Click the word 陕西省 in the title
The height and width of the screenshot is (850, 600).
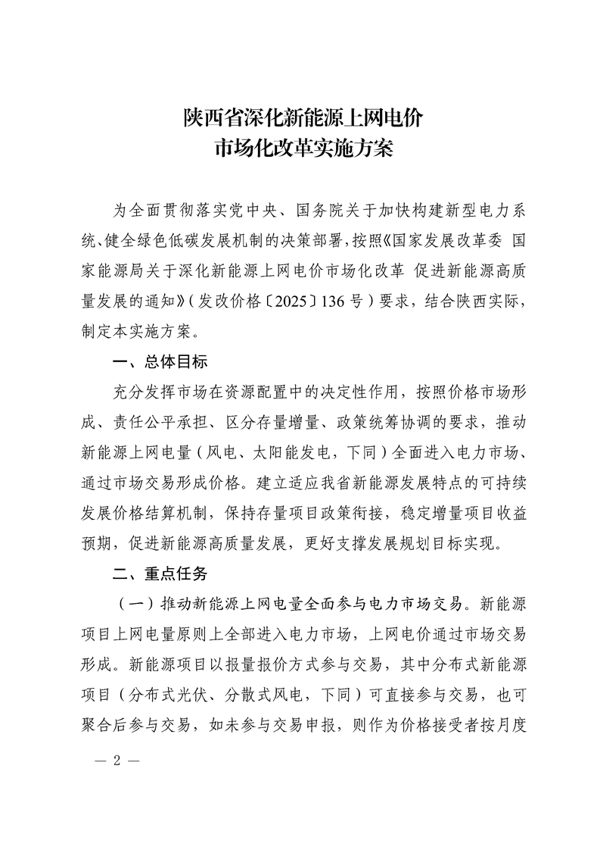[207, 118]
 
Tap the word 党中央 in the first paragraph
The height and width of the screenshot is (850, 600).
[263, 209]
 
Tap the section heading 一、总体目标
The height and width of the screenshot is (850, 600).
[158, 362]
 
